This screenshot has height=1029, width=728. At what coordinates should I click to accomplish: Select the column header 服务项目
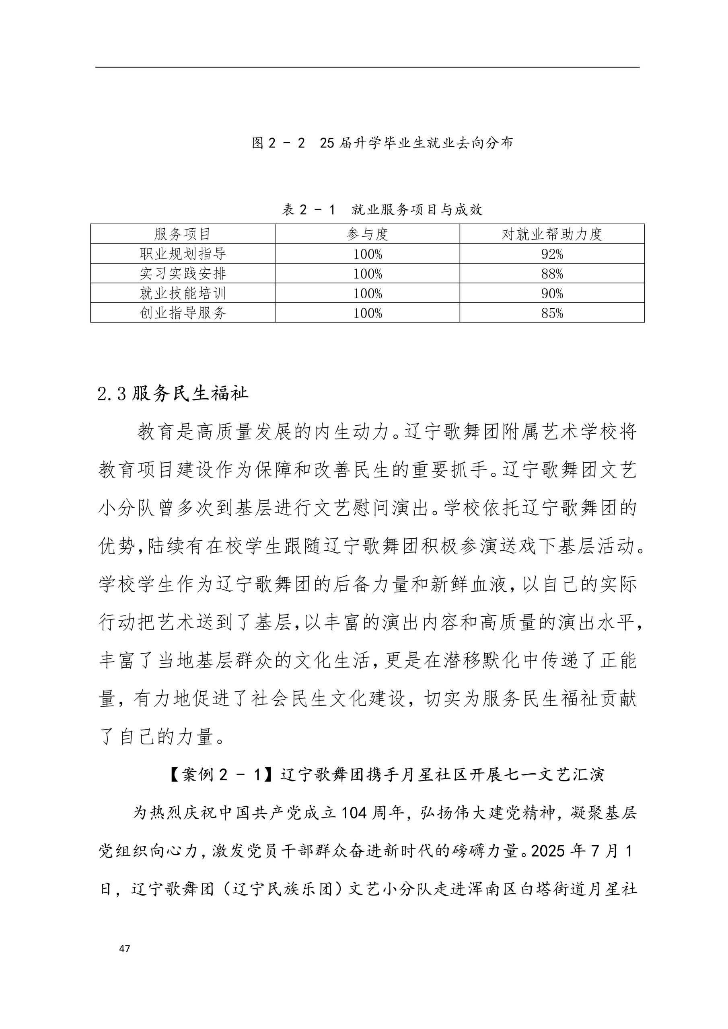pyautogui.click(x=183, y=234)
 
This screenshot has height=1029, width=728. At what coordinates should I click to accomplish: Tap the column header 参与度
pyautogui.click(x=367, y=234)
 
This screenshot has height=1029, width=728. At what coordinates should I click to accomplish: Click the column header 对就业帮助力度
pyautogui.click(x=552, y=234)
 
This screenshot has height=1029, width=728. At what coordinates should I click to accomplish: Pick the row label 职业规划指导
pyautogui.click(x=183, y=254)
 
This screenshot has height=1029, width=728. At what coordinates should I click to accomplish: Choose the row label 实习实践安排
pyautogui.click(x=183, y=273)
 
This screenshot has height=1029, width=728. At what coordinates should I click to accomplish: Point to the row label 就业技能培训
pyautogui.click(x=183, y=293)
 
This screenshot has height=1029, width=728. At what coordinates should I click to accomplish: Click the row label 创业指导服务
pyautogui.click(x=183, y=313)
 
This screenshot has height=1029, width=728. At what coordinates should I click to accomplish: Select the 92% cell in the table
pyautogui.click(x=552, y=254)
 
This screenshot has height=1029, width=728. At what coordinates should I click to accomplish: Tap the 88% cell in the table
pyautogui.click(x=552, y=274)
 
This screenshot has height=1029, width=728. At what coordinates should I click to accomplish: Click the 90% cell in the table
pyautogui.click(x=552, y=293)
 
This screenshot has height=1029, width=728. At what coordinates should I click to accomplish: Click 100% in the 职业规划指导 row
pyautogui.click(x=367, y=254)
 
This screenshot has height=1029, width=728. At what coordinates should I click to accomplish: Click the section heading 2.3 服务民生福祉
pyautogui.click(x=173, y=394)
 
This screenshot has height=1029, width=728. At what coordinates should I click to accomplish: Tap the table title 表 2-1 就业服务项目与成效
pyautogui.click(x=382, y=209)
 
